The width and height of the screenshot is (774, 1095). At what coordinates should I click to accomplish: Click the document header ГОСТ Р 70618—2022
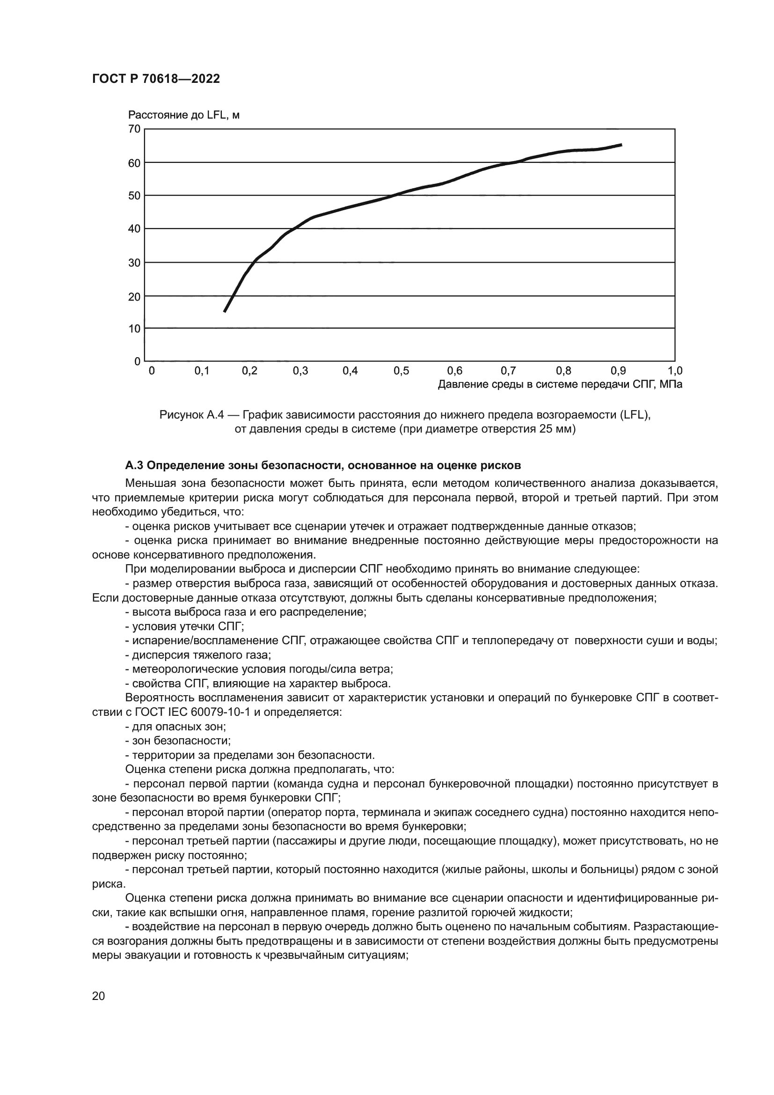click(156, 79)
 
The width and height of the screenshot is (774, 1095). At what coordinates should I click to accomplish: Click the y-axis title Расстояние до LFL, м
click(183, 115)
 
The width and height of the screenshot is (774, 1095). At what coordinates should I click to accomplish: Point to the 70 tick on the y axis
click(135, 129)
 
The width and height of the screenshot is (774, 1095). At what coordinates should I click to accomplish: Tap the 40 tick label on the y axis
click(135, 229)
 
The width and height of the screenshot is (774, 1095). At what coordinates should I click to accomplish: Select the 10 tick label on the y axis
click(135, 329)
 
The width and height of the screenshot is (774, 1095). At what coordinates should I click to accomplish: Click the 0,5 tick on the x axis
click(402, 371)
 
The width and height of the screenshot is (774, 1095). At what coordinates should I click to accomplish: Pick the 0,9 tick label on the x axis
click(618, 371)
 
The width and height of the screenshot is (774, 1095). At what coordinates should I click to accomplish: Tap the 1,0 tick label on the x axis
click(675, 371)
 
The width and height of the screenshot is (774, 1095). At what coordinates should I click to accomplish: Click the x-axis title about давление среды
click(560, 384)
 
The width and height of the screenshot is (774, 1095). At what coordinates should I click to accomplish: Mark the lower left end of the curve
click(225, 311)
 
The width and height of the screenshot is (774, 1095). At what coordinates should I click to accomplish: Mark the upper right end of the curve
click(621, 145)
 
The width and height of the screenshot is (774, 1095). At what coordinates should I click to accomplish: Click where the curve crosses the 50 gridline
click(394, 195)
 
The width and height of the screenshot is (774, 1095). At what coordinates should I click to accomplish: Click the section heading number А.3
click(134, 465)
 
